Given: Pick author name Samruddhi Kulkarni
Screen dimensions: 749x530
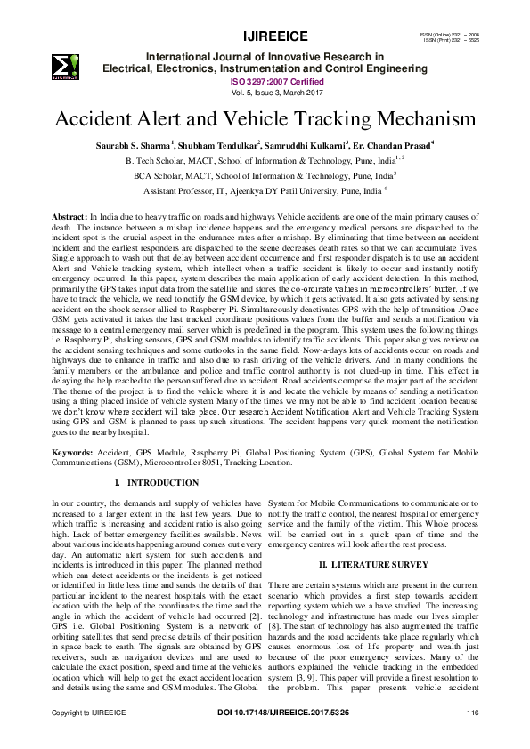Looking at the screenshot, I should [x=308, y=145].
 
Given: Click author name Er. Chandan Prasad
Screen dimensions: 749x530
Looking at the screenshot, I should [x=393, y=145].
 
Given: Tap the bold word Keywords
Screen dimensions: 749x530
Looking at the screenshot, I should [x=72, y=452].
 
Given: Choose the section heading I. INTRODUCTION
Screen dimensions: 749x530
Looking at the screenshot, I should [x=158, y=483].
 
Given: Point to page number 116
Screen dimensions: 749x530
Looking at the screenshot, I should [x=473, y=737].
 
